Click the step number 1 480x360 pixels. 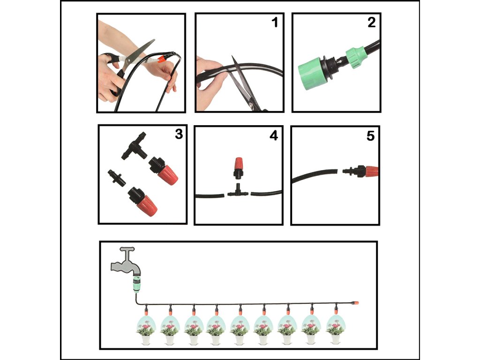pos(275,22)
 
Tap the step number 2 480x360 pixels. pos(371,22)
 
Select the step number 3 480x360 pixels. pos(179,134)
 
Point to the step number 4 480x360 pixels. pos(274,135)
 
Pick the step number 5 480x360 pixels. pos(370,136)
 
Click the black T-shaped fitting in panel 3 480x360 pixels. pos(134,146)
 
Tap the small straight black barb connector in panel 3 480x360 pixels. pos(117,178)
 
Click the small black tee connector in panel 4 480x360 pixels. pos(238,191)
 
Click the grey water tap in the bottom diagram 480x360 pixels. pos(126,261)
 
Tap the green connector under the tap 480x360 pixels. pos(136,284)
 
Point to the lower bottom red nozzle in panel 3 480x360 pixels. pos(142,201)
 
